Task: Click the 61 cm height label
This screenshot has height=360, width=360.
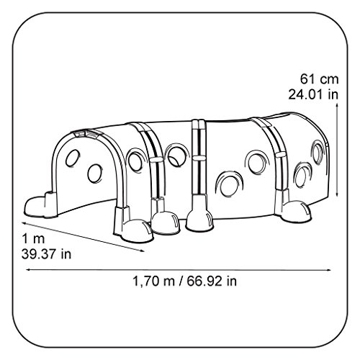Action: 319,79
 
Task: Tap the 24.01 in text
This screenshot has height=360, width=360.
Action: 313,94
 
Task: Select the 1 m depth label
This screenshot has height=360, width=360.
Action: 33,239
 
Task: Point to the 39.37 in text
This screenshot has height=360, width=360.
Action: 47,254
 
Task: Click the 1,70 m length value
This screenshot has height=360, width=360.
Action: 153,281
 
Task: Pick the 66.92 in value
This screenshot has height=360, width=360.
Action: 212,281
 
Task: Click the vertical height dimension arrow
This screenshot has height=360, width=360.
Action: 337,150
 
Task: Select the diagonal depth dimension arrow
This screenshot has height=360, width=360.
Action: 84,237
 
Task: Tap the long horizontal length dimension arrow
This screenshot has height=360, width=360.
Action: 179,270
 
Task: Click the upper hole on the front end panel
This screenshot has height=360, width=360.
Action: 73,158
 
